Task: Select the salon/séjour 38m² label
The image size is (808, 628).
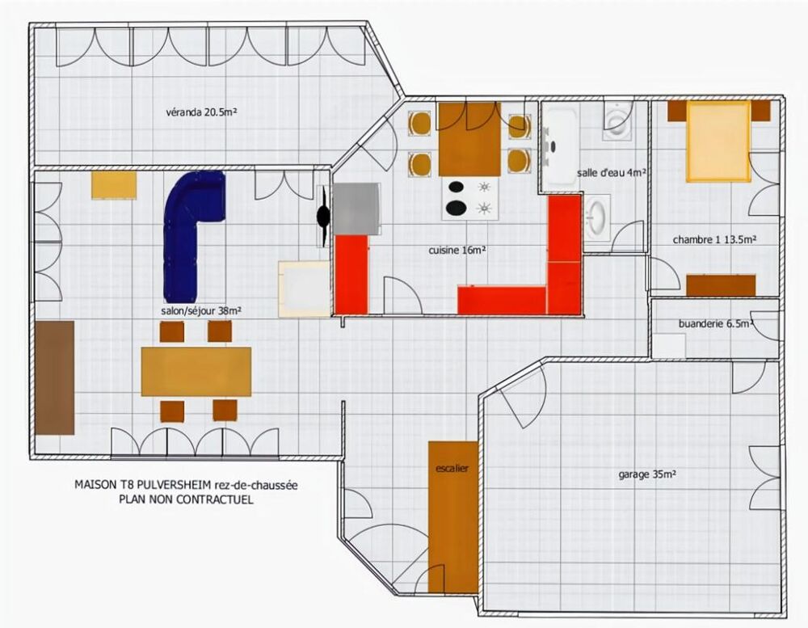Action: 201,310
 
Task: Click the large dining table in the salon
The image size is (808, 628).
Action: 196,371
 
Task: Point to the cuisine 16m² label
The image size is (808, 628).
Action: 457,251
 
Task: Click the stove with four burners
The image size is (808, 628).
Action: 470,198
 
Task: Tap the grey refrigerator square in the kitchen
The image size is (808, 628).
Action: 356,209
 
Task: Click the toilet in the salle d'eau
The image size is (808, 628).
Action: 618,121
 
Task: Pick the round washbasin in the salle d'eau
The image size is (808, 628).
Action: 597,217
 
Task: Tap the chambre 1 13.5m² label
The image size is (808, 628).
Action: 714,239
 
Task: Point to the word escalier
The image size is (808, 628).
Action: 452,468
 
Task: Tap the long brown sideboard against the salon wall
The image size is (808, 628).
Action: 55,377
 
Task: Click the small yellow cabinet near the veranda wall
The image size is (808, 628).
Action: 114,185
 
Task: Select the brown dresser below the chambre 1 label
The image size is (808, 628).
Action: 721,285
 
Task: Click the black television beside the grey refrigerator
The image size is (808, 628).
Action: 324,216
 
